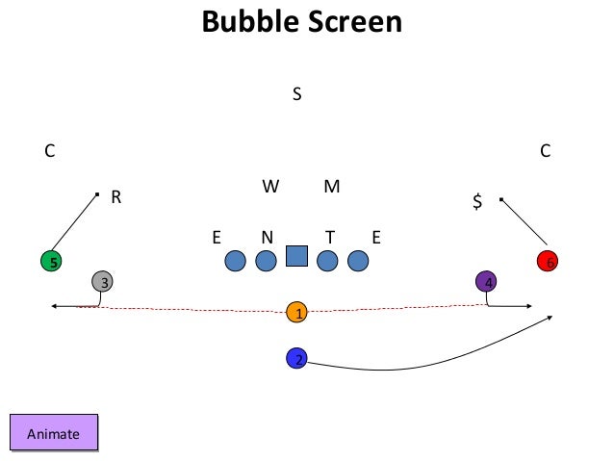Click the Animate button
[x=54, y=434]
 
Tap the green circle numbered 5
[x=52, y=261]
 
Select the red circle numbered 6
[x=548, y=261]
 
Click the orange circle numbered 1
[x=298, y=312]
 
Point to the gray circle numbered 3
[x=103, y=282]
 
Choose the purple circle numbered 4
[x=487, y=281]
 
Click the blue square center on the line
[x=296, y=256]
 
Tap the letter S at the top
[x=297, y=94]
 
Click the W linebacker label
[x=270, y=187]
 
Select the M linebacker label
[x=331, y=187]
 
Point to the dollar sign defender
[x=476, y=201]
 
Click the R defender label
[x=115, y=197]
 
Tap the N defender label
[x=267, y=237]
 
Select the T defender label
[x=329, y=237]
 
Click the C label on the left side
[x=49, y=150]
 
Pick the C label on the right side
[x=545, y=150]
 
